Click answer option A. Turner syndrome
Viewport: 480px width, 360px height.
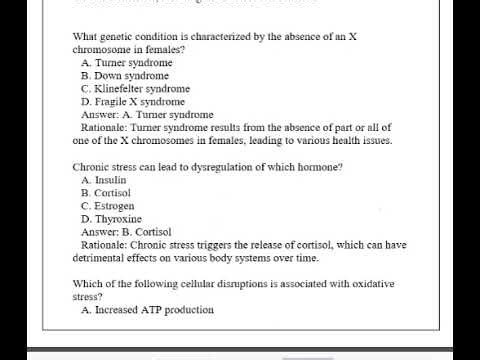pos(129,62)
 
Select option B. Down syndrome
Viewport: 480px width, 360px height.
pos(125,75)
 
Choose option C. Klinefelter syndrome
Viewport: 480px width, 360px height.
pos(135,88)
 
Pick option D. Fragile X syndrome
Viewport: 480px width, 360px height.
pos(133,101)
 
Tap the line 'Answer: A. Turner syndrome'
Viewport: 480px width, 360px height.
pos(146,114)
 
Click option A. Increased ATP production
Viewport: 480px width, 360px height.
pos(147,309)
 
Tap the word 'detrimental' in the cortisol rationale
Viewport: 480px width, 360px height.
pos(99,257)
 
